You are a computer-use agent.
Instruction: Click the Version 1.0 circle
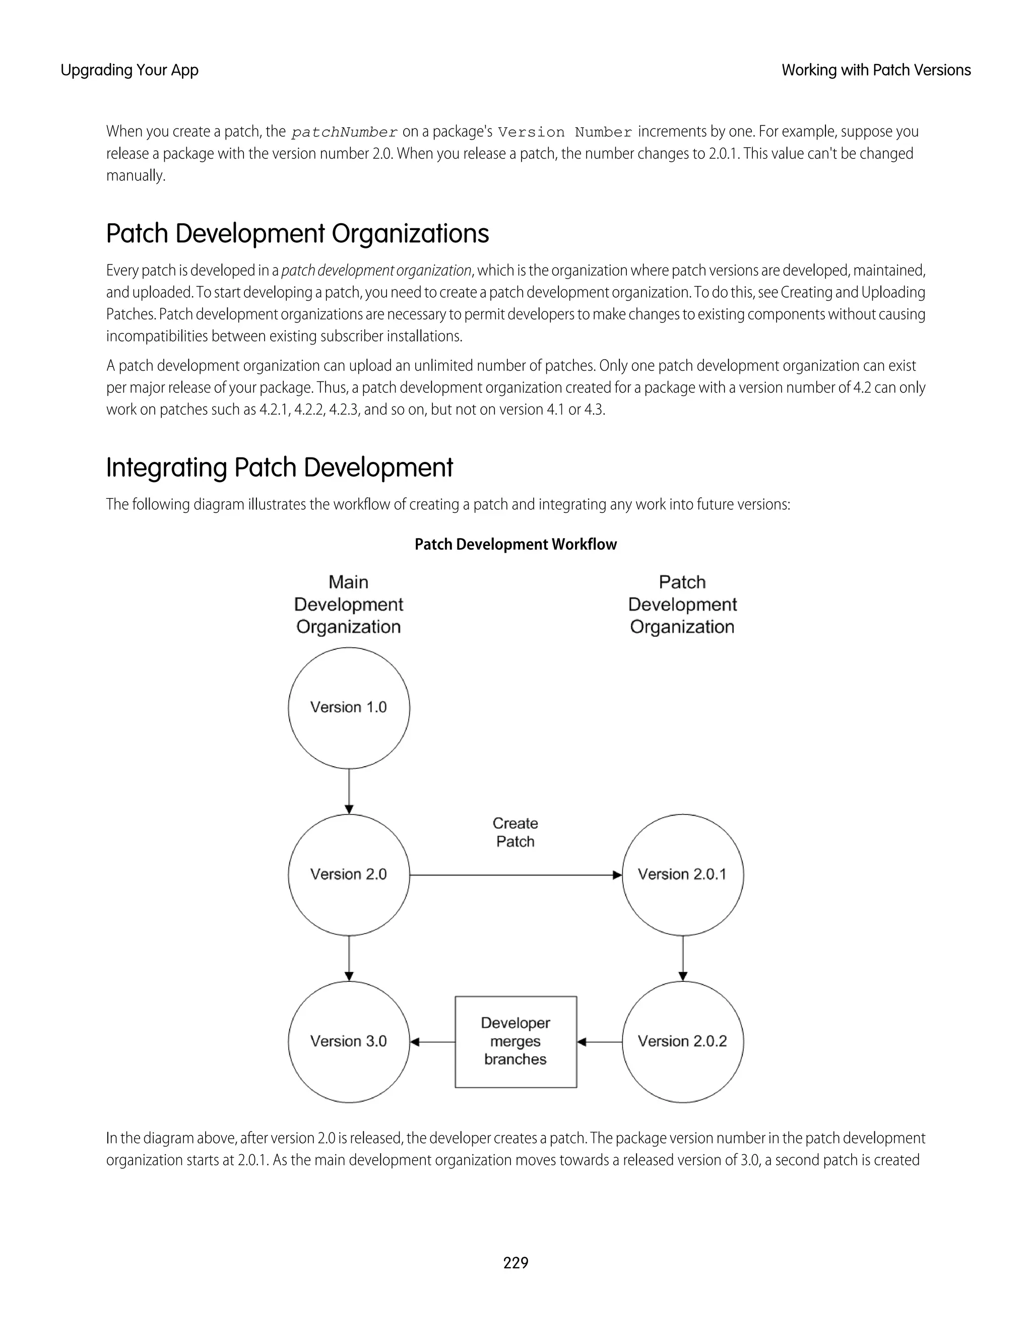349,707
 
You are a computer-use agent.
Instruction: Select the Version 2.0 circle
349,874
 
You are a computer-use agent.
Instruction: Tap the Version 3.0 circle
349,1041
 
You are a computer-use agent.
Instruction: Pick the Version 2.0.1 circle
682,874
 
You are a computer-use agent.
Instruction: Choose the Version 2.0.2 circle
682,1041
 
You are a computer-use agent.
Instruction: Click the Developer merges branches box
515,1041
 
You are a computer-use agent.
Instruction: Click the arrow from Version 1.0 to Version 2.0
349,791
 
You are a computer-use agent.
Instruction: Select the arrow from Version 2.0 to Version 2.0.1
515,875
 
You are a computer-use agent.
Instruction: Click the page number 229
515,1262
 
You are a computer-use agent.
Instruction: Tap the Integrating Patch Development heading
279,468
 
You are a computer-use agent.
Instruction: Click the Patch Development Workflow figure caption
515,544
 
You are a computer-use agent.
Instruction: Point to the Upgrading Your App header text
130,71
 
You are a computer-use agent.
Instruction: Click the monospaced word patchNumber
345,132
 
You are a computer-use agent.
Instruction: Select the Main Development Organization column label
349,604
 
